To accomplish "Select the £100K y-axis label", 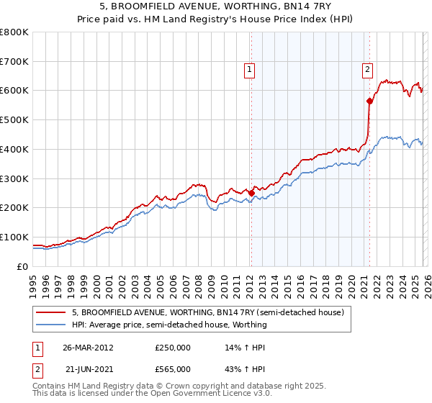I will (14, 237).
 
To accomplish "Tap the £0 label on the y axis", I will (21, 266).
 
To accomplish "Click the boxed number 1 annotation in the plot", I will (249, 70).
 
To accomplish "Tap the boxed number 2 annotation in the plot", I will (367, 70).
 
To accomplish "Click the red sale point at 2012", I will (251, 193).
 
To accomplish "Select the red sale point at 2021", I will (369, 101).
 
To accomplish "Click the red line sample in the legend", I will (52, 312).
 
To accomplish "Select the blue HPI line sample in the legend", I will (52, 325).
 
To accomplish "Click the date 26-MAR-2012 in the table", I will (88, 347).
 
